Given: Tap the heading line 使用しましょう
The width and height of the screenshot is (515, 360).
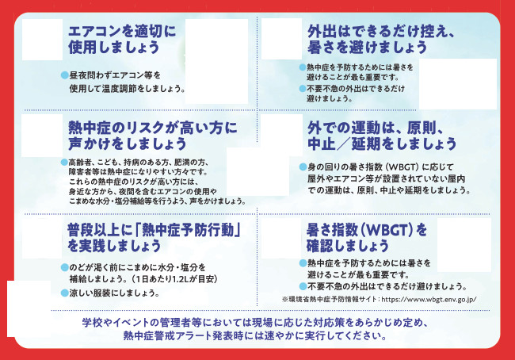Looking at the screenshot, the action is pyautogui.click(x=113, y=47).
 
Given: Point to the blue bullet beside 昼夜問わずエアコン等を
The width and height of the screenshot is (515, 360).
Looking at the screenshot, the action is pyautogui.click(x=65, y=75).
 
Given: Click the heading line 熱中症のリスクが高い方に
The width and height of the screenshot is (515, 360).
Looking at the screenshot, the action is pyautogui.click(x=153, y=128).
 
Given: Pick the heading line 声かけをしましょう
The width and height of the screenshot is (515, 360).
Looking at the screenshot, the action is pyautogui.click(x=128, y=144).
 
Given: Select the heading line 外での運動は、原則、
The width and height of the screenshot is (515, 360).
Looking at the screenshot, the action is pyautogui.click(x=376, y=128).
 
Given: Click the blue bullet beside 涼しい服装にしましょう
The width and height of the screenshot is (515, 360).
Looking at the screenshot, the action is pyautogui.click(x=65, y=293).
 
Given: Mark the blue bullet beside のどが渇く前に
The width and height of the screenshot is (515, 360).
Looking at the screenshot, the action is pyautogui.click(x=65, y=267).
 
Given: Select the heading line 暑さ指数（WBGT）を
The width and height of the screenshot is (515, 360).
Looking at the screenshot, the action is pyautogui.click(x=367, y=230).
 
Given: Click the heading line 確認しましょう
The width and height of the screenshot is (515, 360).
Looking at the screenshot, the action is pyautogui.click(x=348, y=246).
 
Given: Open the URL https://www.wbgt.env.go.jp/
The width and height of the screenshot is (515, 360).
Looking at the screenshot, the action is pyautogui.click(x=429, y=299).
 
